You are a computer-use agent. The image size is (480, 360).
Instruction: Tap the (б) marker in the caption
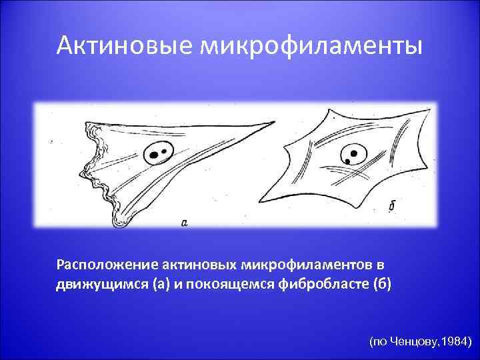coord(383,285)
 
